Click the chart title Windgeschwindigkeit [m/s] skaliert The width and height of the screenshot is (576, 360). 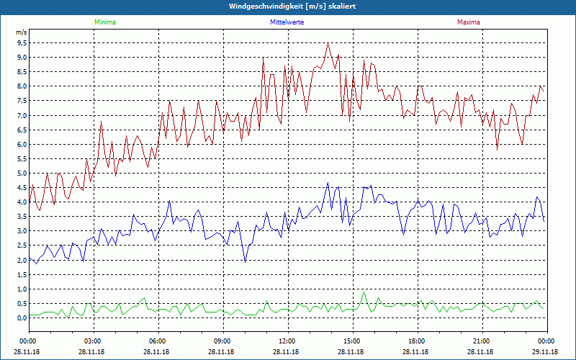pos(287,6)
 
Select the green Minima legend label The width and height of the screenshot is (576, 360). pos(104,22)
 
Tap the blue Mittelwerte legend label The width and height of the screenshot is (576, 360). pos(287,22)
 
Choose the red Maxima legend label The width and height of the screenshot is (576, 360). pos(469,22)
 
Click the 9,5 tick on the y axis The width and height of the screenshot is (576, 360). pos(22,43)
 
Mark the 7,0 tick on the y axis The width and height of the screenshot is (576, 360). pos(22,115)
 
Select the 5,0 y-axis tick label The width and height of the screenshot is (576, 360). pos(22,173)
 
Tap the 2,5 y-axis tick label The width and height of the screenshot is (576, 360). pos(22,246)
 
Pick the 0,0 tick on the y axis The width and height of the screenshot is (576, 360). pos(22,318)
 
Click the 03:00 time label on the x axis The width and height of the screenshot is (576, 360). pos(93,341)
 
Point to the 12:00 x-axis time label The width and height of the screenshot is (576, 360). pos(287,341)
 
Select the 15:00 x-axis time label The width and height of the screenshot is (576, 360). pos(351,341)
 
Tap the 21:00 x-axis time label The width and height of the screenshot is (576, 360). pos(481,341)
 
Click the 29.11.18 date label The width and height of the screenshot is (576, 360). pos(545,351)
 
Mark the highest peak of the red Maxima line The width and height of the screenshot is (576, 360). pos(328,43)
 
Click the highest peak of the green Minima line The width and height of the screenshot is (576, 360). pos(364,292)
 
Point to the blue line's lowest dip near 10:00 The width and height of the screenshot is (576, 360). pos(246,261)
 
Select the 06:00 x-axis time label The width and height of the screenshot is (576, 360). pos(158,341)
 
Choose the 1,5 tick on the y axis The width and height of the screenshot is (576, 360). pos(22,274)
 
